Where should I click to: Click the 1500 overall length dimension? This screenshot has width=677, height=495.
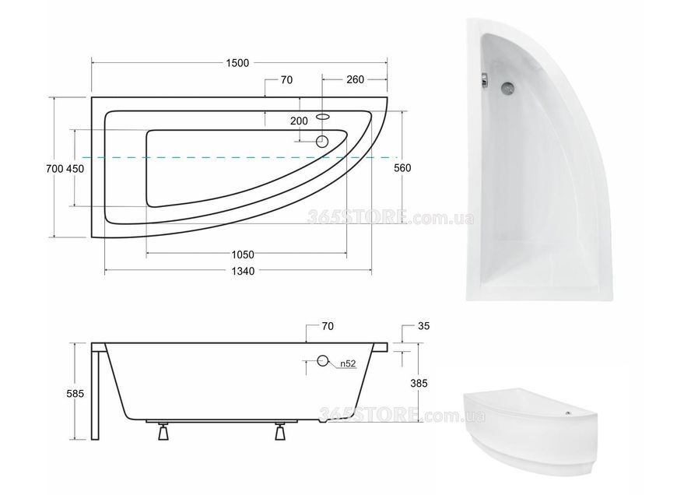237,63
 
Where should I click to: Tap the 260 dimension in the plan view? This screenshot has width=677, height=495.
355,79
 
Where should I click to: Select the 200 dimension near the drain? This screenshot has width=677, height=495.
299,121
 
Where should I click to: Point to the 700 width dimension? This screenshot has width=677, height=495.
54,168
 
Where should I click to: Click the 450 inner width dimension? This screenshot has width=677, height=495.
75,168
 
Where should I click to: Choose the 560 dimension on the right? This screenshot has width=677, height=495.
402,167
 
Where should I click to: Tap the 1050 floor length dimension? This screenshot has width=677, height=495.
243,255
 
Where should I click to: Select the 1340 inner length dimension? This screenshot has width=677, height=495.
243,272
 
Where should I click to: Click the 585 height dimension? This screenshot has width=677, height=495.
75,394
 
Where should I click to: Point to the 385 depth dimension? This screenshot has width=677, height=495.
419,383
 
